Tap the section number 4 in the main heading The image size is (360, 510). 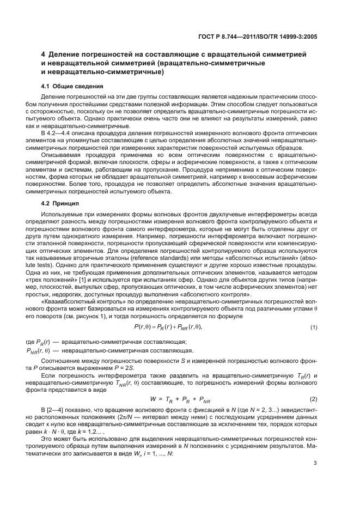tap(44, 54)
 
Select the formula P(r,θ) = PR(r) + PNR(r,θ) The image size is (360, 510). tap(168, 327)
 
